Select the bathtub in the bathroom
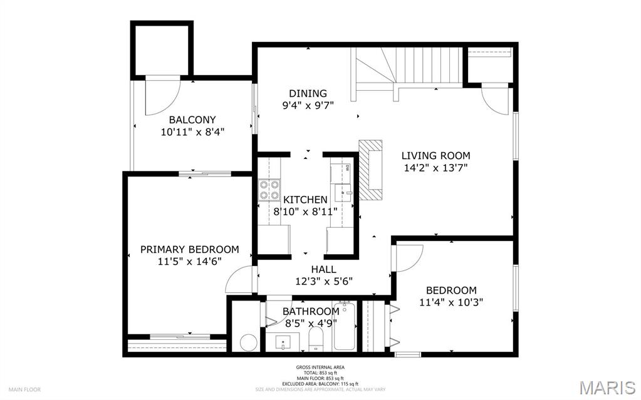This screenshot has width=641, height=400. pyautogui.click(x=344, y=326)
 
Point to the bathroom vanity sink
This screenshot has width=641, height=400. pyautogui.click(x=286, y=342)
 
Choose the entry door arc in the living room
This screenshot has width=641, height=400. pyautogui.click(x=498, y=100)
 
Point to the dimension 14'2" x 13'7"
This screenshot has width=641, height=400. pyautogui.click(x=435, y=168)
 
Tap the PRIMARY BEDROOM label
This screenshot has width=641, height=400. pyautogui.click(x=189, y=249)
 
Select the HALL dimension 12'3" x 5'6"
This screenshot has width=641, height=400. pyautogui.click(x=323, y=281)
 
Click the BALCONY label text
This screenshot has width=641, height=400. pyautogui.click(x=192, y=120)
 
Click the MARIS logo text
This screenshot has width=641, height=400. pyautogui.click(x=607, y=387)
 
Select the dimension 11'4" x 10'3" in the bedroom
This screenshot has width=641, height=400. pyautogui.click(x=451, y=302)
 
